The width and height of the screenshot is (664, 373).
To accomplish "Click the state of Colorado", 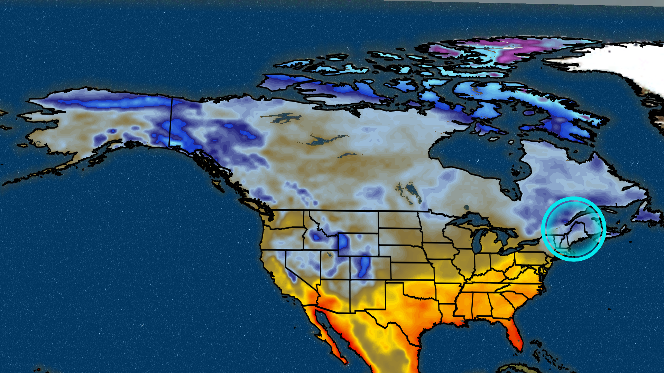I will [370, 268].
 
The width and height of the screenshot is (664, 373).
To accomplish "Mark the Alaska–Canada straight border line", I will [170, 121].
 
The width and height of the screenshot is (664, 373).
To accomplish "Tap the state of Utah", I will [334, 266].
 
